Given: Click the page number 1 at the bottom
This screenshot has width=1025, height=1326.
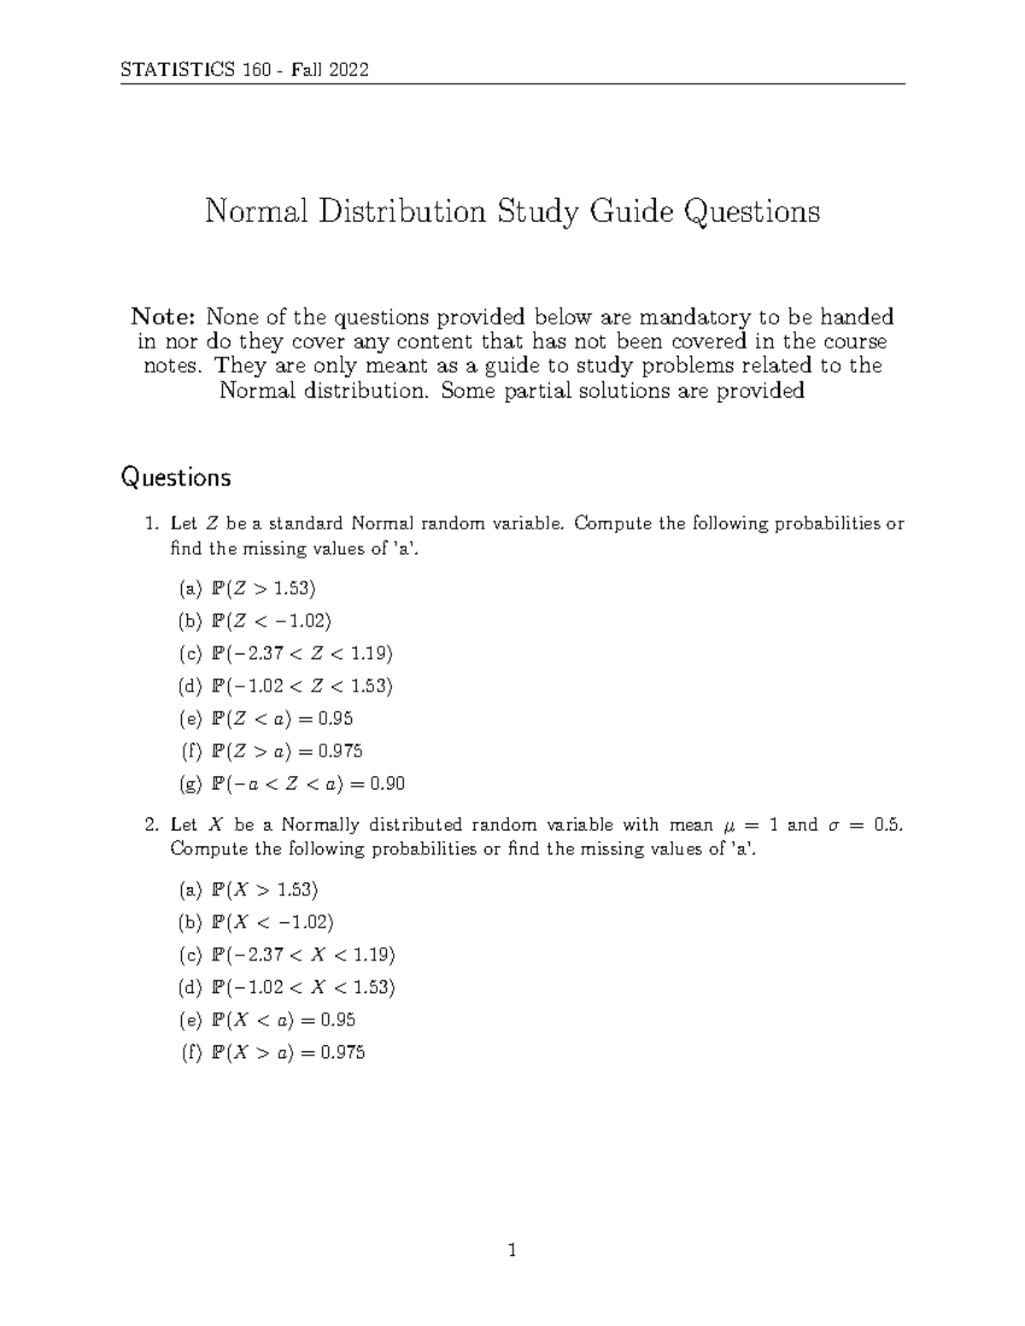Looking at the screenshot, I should click(512, 1252).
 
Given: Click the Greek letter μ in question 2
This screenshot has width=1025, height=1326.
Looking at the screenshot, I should click(728, 826).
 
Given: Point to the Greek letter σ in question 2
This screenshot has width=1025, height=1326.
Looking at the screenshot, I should click(835, 826).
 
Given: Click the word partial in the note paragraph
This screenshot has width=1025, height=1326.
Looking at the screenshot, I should click(576, 391).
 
